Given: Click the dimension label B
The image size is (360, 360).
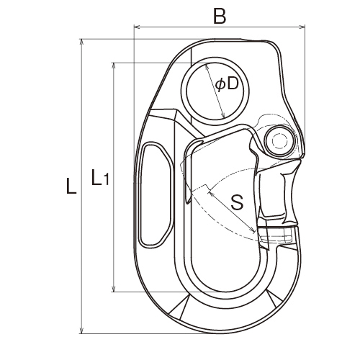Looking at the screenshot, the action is pyautogui.click(x=220, y=17).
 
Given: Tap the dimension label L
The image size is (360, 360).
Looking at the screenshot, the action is pyautogui.click(x=71, y=186).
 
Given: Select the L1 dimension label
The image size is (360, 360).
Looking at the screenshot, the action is pyautogui.click(x=100, y=177).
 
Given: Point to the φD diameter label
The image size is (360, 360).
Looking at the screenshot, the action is pyautogui.click(x=227, y=84).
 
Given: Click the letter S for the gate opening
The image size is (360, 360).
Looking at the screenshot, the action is pyautogui.click(x=237, y=202).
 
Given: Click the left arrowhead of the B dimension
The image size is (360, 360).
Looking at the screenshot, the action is pyautogui.click(x=136, y=27).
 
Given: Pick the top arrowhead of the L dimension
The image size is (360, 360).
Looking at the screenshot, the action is pyautogui.click(x=82, y=42).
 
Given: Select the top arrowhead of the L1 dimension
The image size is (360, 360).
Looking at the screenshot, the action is pyautogui.click(x=114, y=66).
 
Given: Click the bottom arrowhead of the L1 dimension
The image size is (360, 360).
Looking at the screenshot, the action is pyautogui.click(x=114, y=289).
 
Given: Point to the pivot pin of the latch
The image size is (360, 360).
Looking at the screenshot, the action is pyautogui.click(x=280, y=141).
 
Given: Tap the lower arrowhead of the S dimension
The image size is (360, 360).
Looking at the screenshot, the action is pyautogui.click(x=253, y=230).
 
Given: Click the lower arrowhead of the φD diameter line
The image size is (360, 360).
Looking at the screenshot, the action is pyautogui.click(x=223, y=115).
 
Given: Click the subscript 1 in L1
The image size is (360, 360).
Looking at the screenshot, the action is pyautogui.click(x=106, y=179).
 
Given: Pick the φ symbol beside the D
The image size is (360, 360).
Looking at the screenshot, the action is pyautogui.click(x=220, y=85).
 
